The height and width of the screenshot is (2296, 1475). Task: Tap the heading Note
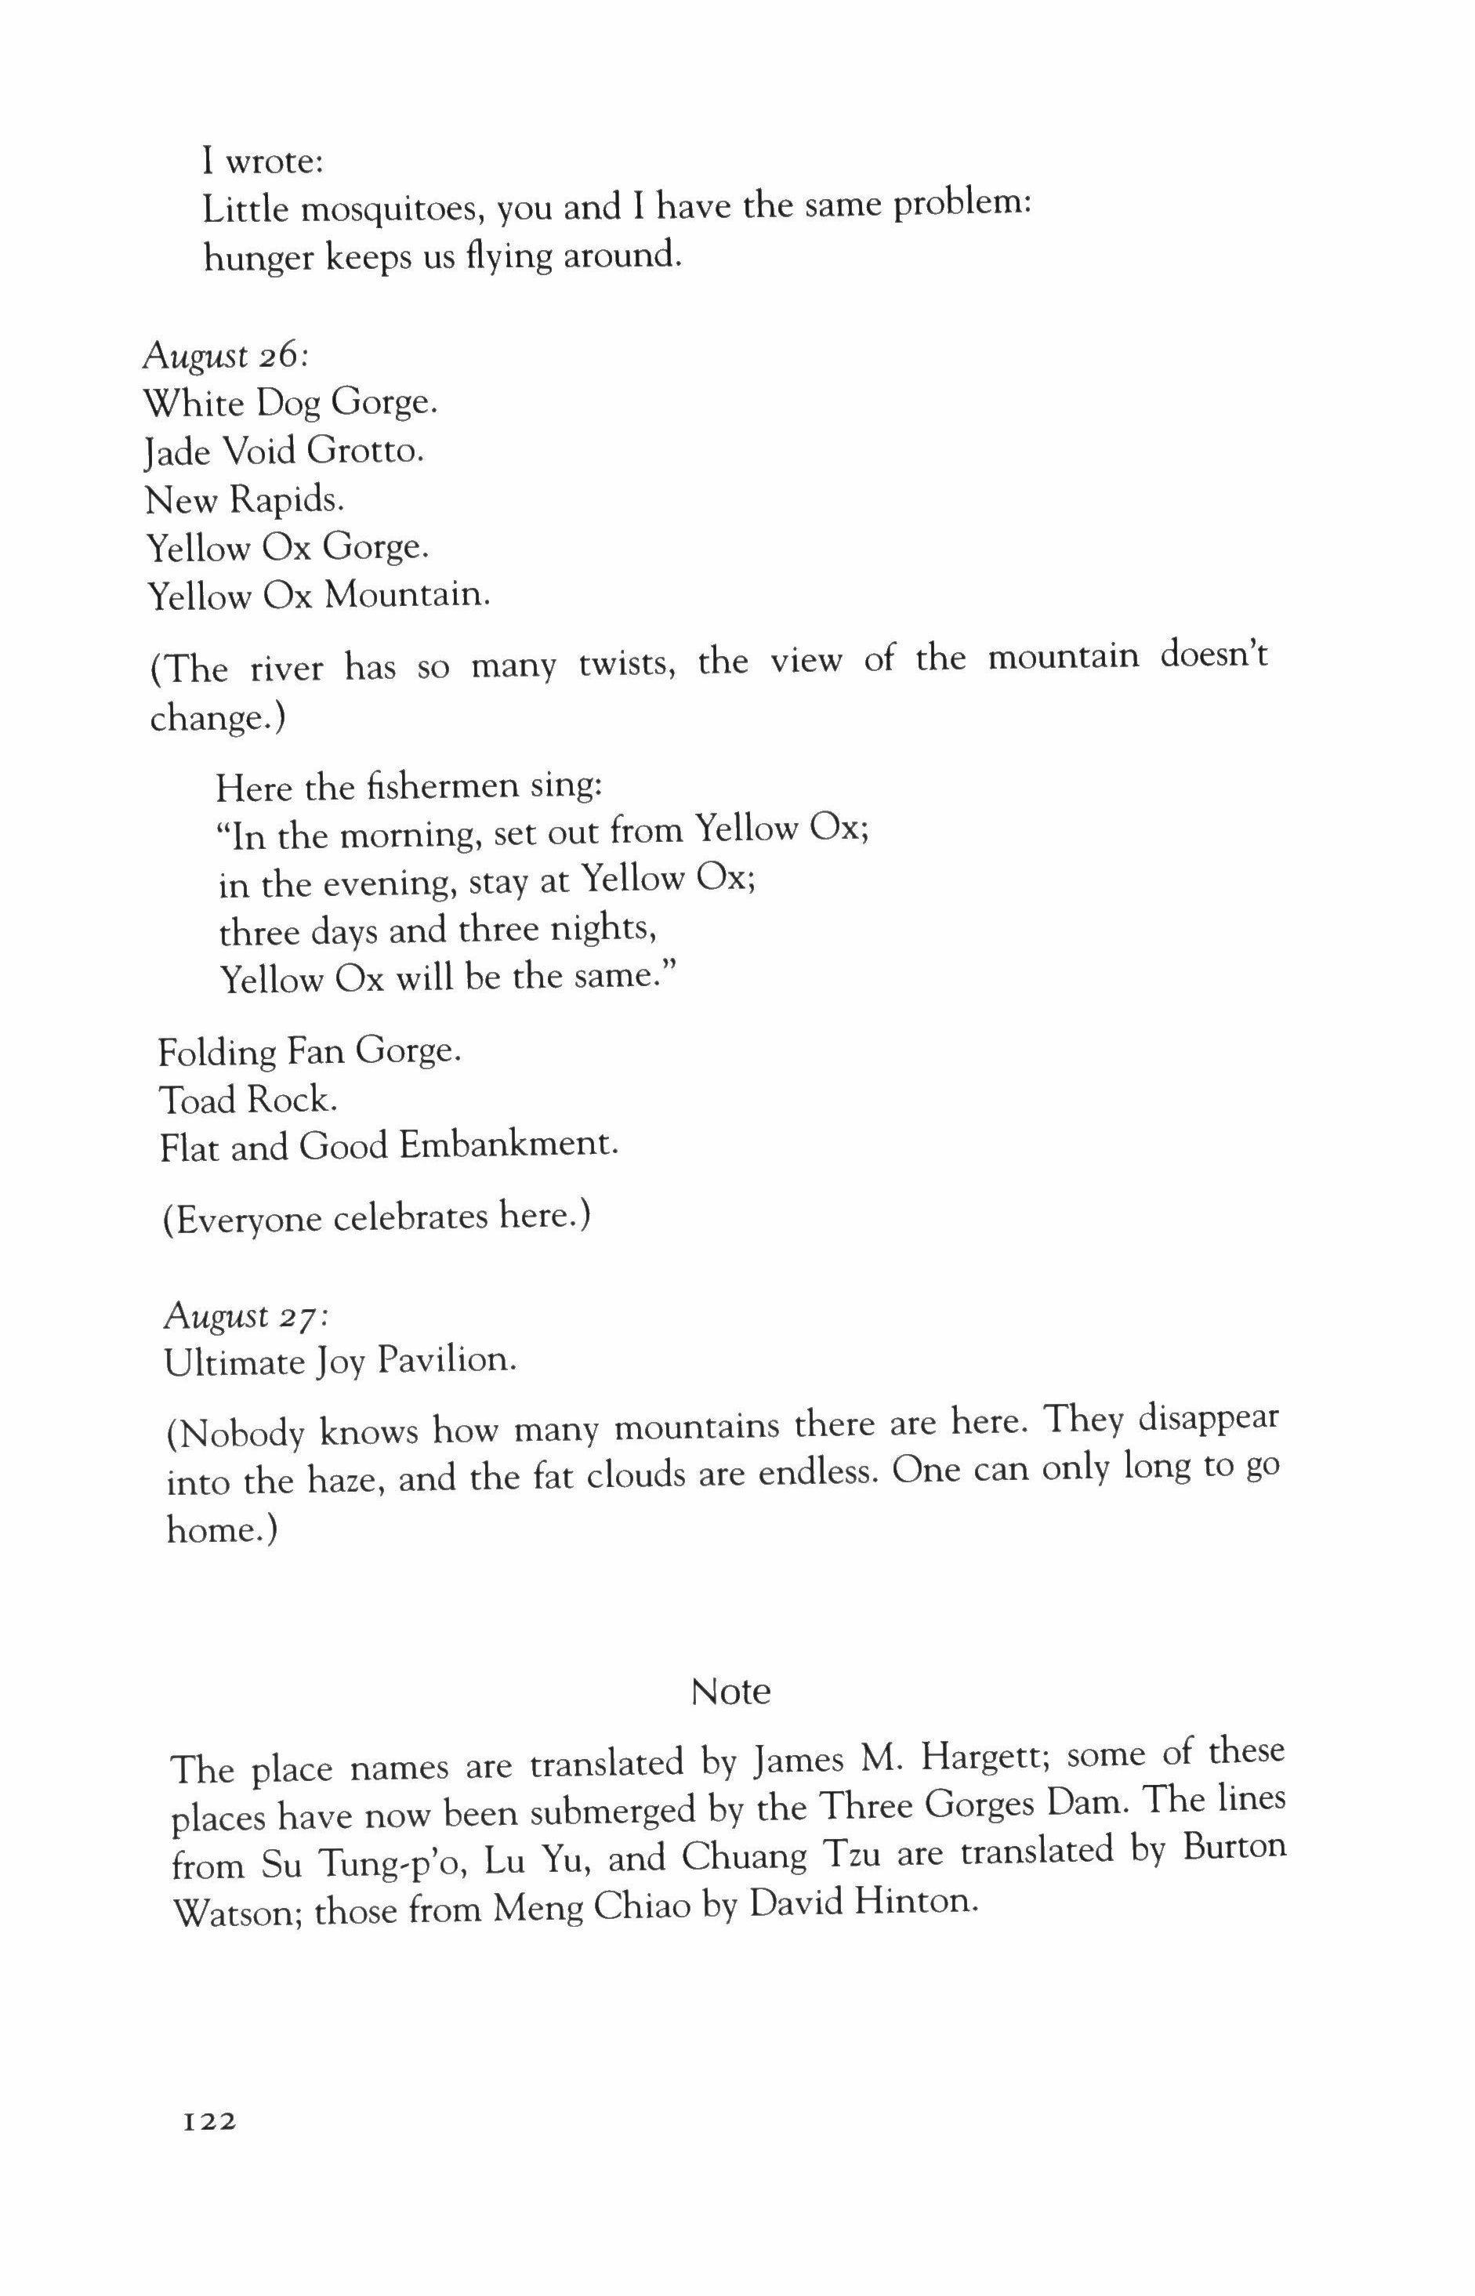click(x=730, y=1692)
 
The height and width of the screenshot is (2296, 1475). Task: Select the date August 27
click(x=246, y=1316)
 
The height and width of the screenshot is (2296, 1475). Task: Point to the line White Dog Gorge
click(x=290, y=403)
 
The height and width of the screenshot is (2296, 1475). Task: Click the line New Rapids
click(x=245, y=500)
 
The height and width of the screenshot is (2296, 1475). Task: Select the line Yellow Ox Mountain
click(x=319, y=597)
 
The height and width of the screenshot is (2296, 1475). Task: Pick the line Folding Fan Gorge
click(x=310, y=1052)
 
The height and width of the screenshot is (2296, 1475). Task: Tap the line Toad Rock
click(x=248, y=1100)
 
